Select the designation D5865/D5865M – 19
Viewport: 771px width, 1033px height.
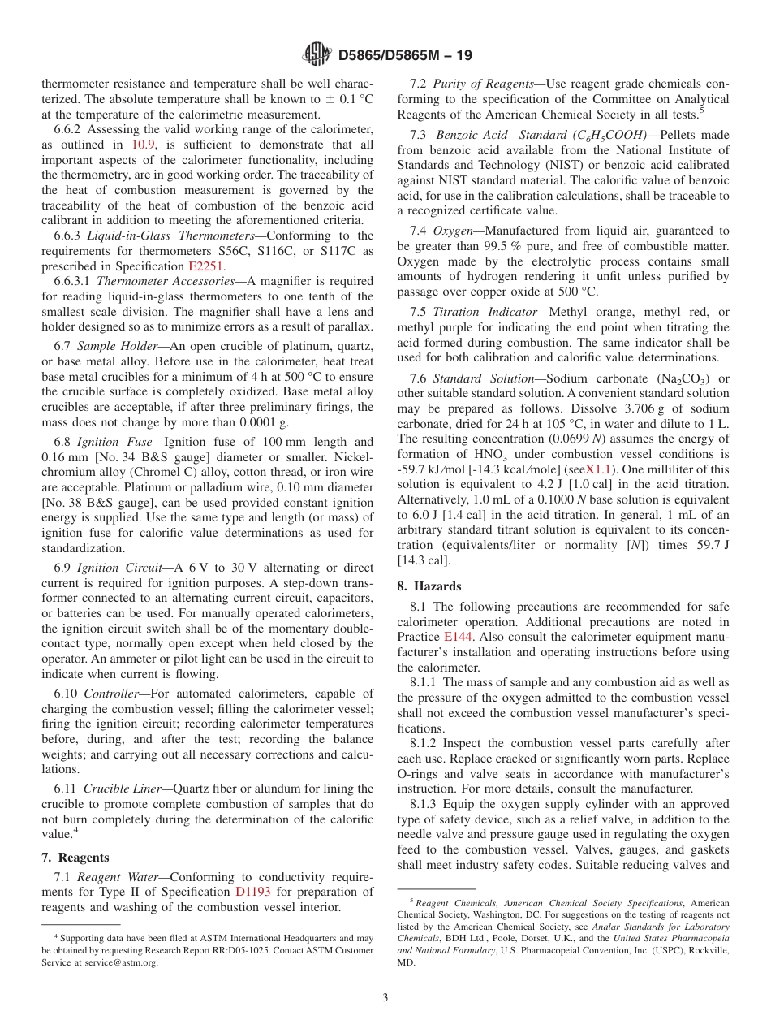[404, 55]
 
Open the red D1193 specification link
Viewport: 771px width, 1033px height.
[252, 891]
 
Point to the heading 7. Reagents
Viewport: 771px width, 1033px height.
[75, 857]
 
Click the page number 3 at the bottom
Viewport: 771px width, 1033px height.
[385, 997]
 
